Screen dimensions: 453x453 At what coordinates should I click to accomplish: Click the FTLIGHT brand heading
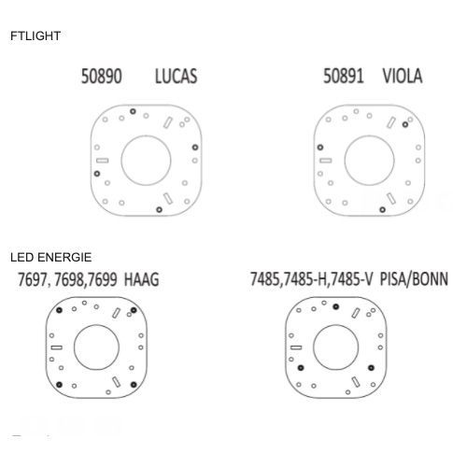(35, 35)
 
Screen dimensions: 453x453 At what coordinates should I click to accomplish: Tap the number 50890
(101, 77)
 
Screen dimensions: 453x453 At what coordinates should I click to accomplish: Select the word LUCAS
(177, 77)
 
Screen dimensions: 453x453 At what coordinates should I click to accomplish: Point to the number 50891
(344, 77)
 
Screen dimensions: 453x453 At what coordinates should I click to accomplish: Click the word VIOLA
(403, 77)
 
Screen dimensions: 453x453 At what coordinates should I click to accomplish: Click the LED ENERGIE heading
(51, 258)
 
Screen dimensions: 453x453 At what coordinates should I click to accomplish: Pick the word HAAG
(142, 279)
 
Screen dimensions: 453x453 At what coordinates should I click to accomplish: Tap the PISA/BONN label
(414, 278)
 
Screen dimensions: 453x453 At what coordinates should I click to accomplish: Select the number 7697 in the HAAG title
(32, 279)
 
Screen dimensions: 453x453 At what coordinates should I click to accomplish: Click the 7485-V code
(351, 278)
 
